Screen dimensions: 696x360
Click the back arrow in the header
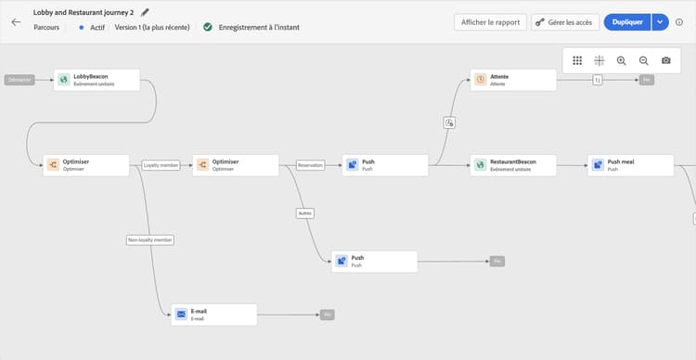click(x=16, y=21)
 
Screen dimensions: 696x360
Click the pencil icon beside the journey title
click(x=145, y=13)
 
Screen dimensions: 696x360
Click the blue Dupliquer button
click(x=627, y=21)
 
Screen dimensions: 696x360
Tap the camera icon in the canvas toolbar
click(x=665, y=60)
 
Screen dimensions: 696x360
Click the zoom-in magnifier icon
click(x=621, y=60)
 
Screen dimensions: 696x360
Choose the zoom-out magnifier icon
click(x=643, y=60)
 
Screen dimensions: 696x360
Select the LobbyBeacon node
click(x=97, y=80)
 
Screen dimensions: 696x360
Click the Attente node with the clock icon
click(x=513, y=80)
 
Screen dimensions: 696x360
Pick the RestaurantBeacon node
click(x=513, y=165)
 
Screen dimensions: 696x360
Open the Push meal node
click(x=630, y=165)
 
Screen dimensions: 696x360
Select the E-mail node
click(x=213, y=315)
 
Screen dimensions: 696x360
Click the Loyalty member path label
click(x=161, y=165)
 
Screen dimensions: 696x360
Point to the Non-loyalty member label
click(x=150, y=239)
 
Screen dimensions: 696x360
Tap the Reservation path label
click(x=310, y=165)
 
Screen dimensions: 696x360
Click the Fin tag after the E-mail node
click(x=327, y=315)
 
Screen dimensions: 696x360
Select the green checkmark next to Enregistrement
click(x=208, y=27)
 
